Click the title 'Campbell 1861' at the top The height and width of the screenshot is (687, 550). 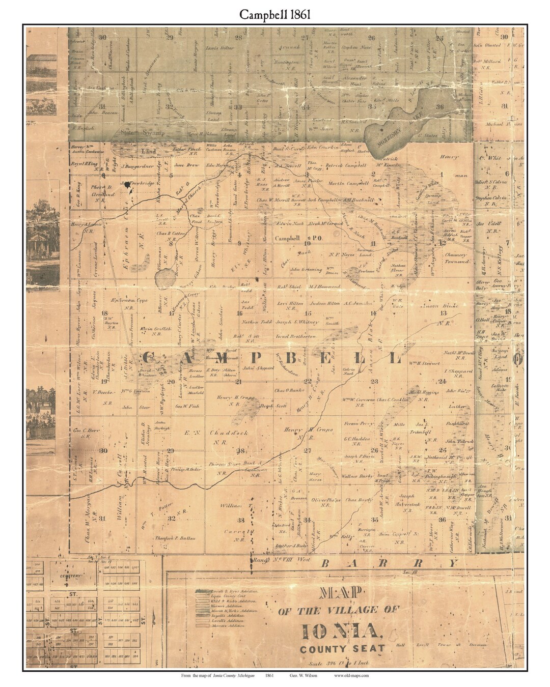(274, 15)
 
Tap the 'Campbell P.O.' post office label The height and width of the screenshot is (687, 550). (292, 238)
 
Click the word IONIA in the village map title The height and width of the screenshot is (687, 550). (342, 632)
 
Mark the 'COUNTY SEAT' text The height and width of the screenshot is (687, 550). (342, 649)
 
